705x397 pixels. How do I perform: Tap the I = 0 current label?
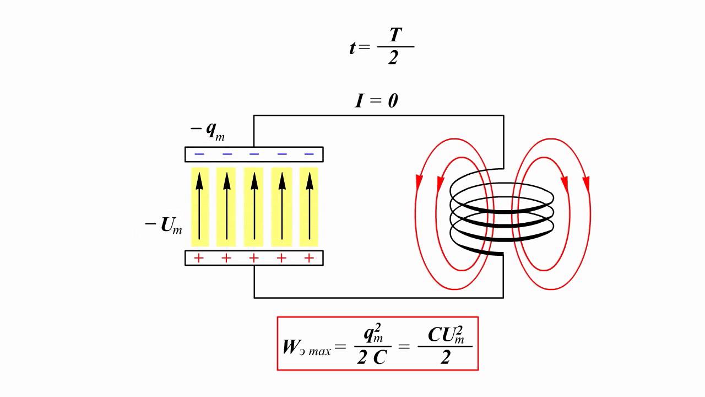pos(376,101)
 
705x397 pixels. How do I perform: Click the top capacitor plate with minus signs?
pos(254,154)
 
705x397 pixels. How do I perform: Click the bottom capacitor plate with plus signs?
pos(254,258)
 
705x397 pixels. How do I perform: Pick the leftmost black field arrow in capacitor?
pos(200,206)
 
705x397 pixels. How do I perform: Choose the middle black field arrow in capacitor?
pos(254,206)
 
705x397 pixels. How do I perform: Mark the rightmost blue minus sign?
pos(309,154)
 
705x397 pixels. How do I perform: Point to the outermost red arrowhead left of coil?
pos(419,183)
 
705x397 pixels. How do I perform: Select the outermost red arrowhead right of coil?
pos(586,183)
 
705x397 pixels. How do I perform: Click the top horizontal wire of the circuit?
pos(378,115)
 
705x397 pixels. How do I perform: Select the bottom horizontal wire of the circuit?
pos(378,298)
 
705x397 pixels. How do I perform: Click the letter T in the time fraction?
pos(395,35)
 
